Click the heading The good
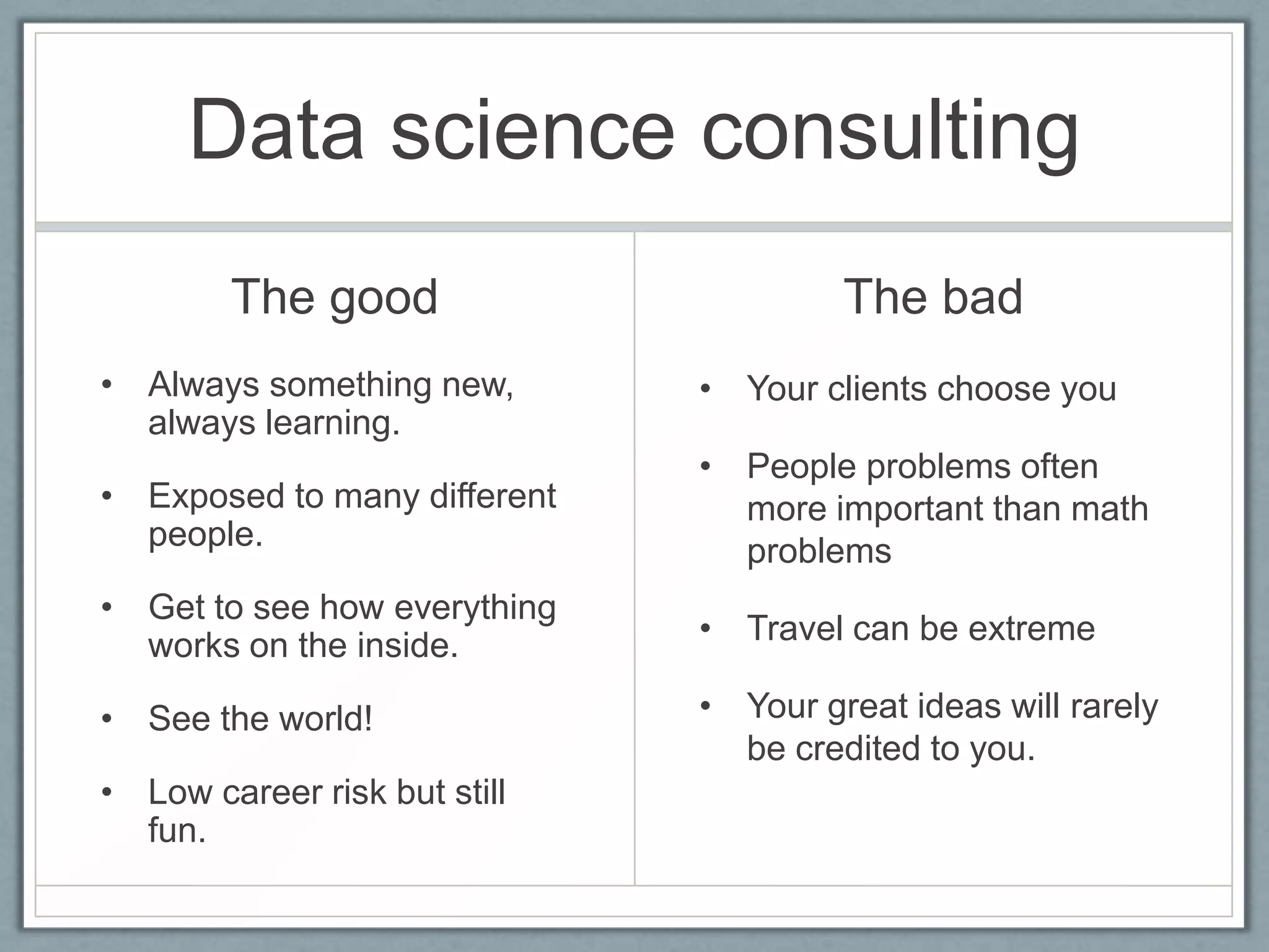(x=334, y=297)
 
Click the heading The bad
(x=933, y=297)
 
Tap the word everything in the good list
(x=475, y=607)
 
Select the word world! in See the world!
(x=325, y=719)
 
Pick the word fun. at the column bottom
(x=177, y=831)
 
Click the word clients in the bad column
(x=877, y=389)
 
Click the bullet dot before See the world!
(x=107, y=719)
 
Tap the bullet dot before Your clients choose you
(x=705, y=390)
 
